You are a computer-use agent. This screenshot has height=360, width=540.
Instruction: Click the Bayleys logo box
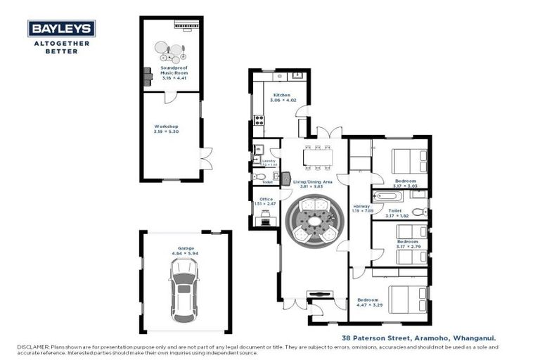tap(61, 28)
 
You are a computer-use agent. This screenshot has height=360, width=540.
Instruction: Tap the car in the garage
tap(183, 289)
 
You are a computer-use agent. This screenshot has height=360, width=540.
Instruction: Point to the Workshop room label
tap(167, 127)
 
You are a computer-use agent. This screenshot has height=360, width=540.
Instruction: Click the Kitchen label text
tap(282, 95)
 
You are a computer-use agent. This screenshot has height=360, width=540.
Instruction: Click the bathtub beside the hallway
tap(387, 196)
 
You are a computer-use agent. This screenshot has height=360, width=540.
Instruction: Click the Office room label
tap(266, 199)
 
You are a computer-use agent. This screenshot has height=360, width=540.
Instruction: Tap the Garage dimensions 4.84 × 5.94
tap(186, 253)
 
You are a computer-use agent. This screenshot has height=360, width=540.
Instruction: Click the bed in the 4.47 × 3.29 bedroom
tap(409, 298)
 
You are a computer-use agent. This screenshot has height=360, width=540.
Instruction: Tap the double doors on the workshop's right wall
tap(205, 159)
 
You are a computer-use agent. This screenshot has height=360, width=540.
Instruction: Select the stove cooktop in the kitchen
tap(258, 120)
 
